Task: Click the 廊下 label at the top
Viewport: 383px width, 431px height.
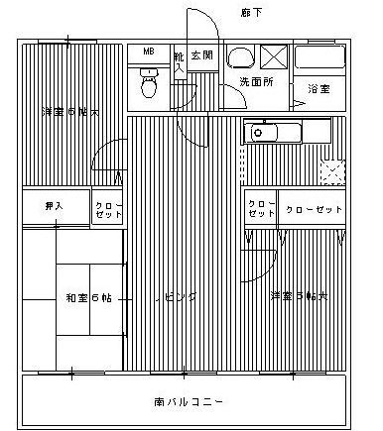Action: (x=252, y=12)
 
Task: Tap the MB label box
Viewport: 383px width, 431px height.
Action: (x=148, y=52)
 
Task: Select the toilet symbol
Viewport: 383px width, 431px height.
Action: (x=148, y=83)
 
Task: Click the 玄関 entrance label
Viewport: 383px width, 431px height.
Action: (x=202, y=54)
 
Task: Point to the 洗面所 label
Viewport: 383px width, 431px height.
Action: (x=257, y=81)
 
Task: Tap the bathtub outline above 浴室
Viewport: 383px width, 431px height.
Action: (x=319, y=57)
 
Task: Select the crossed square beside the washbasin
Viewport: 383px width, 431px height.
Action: (x=275, y=56)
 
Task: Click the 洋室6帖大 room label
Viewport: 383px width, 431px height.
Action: (x=70, y=113)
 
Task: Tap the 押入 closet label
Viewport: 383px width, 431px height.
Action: (x=55, y=206)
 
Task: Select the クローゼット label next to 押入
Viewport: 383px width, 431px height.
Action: (x=107, y=209)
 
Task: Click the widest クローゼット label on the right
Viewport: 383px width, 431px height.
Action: (x=314, y=209)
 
